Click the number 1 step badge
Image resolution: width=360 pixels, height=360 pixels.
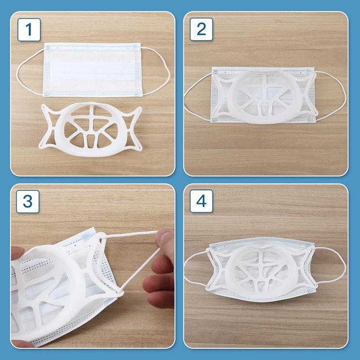pos(29,30)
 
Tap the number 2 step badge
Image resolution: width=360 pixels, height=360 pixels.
pos(201,29)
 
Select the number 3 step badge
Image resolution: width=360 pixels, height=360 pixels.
pos(28,201)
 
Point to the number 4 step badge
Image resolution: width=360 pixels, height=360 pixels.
pos(201,201)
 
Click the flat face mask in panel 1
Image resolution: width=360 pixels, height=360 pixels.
pos(92,69)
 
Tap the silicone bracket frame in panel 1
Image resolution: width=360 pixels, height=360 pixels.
pos(90,129)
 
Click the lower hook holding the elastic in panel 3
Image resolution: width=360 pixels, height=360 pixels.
pos(119,293)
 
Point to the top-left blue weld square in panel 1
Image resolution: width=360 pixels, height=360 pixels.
pos(48,48)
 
